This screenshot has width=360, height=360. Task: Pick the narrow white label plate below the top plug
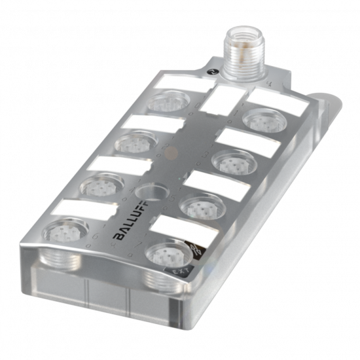(222, 99)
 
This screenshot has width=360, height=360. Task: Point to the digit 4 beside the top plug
(270, 83)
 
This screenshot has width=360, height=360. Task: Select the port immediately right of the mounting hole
(198, 207)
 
